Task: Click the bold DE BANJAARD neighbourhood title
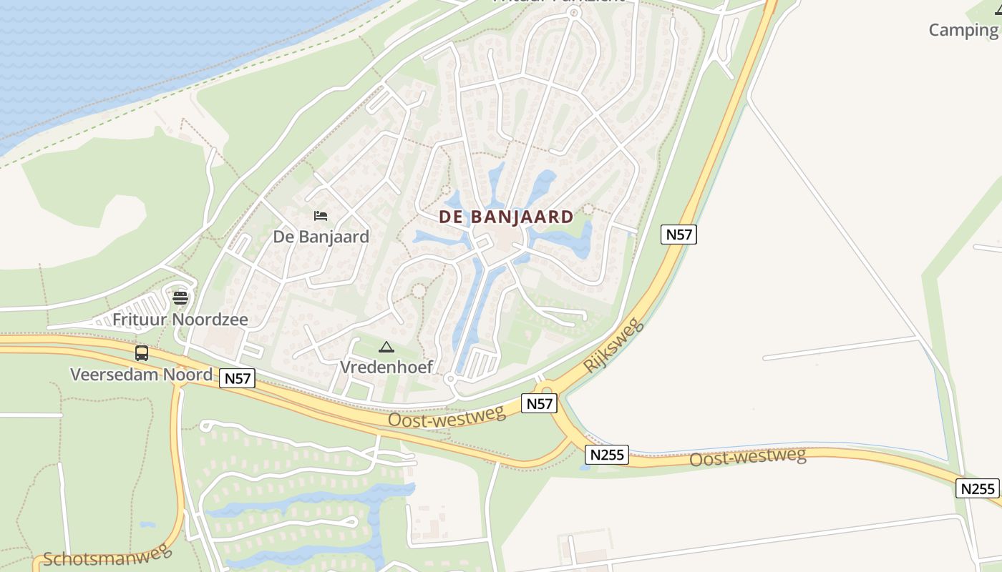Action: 506,217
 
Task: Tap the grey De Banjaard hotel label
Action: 321,237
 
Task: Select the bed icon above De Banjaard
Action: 321,215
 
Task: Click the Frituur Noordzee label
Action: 180,319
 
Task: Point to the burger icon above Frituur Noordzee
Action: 180,297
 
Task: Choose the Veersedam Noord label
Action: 141,374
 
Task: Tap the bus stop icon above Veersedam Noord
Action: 142,352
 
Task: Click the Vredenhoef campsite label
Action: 386,367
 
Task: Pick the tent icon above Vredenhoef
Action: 386,347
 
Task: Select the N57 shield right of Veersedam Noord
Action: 237,378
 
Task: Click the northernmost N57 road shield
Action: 678,234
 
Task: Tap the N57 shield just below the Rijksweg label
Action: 540,403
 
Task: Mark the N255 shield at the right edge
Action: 978,488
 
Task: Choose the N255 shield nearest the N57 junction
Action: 608,454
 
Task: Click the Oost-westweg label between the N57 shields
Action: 447,415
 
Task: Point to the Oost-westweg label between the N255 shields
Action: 747,456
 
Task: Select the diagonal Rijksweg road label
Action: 613,346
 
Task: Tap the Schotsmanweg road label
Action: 107,555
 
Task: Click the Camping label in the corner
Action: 963,30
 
